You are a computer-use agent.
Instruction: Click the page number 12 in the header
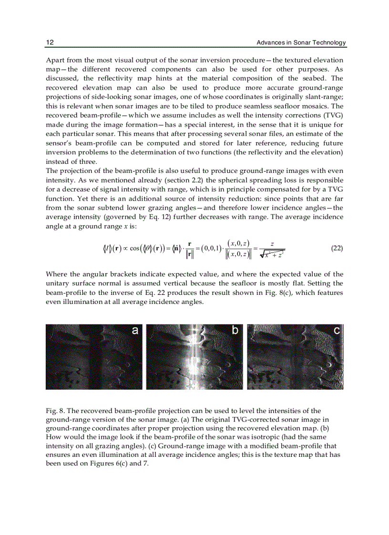click(50, 43)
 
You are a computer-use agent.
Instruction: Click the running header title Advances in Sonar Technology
click(301, 43)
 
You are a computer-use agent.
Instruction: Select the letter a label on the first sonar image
click(135, 330)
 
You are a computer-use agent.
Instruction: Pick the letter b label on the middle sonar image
click(235, 330)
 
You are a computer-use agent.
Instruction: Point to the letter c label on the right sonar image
click(337, 330)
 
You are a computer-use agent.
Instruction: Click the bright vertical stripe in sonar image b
click(194, 357)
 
